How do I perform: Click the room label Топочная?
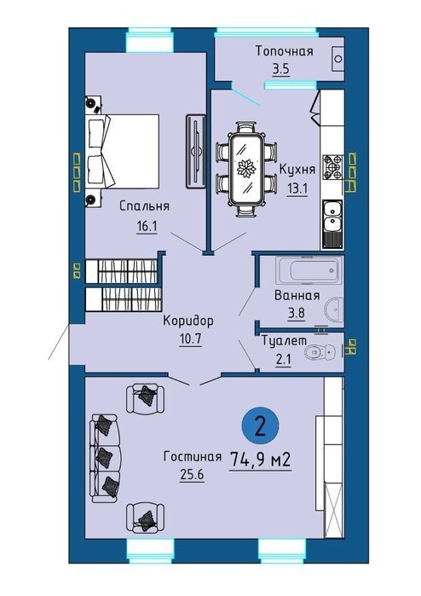(x=284, y=51)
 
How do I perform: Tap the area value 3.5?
(x=280, y=69)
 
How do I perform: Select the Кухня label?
(x=297, y=169)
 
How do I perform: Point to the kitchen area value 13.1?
(x=297, y=188)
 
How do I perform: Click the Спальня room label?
(x=144, y=206)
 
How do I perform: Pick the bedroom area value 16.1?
(x=147, y=227)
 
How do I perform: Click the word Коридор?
(x=188, y=321)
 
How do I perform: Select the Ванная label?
(x=297, y=295)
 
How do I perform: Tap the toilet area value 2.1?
(x=284, y=359)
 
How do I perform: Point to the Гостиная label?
(x=193, y=456)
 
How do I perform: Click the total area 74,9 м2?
(x=260, y=460)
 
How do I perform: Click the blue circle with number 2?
(x=261, y=425)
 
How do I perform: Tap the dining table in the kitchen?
(x=245, y=169)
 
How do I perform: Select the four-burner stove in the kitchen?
(x=333, y=167)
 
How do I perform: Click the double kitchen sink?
(x=332, y=224)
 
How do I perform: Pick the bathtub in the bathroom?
(x=309, y=270)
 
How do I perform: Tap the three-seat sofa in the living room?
(x=106, y=459)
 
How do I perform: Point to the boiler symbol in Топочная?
(x=337, y=59)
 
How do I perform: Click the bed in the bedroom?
(x=123, y=151)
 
